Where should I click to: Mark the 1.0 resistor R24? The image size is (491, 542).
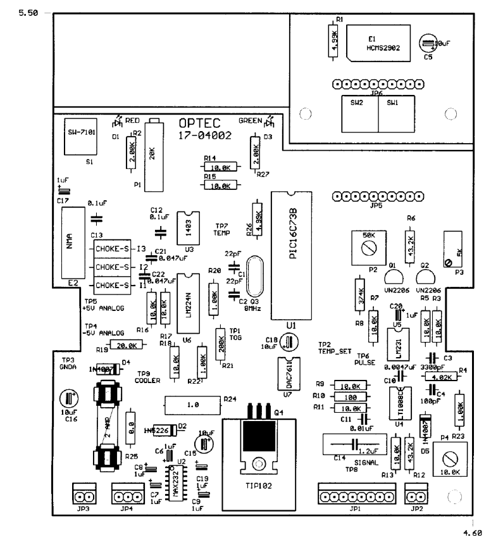point(191,403)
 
